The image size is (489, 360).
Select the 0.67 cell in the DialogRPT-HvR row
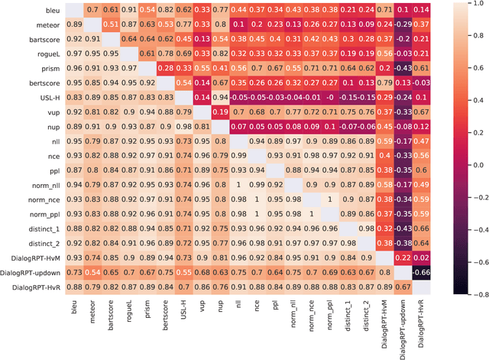click(x=403, y=287)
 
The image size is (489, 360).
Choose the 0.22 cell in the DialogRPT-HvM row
click(x=403, y=256)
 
